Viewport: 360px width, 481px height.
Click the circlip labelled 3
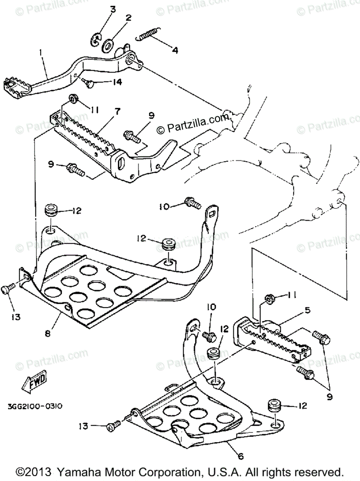point(95,40)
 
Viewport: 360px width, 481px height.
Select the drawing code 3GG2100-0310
point(35,406)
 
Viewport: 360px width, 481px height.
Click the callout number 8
point(48,333)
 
